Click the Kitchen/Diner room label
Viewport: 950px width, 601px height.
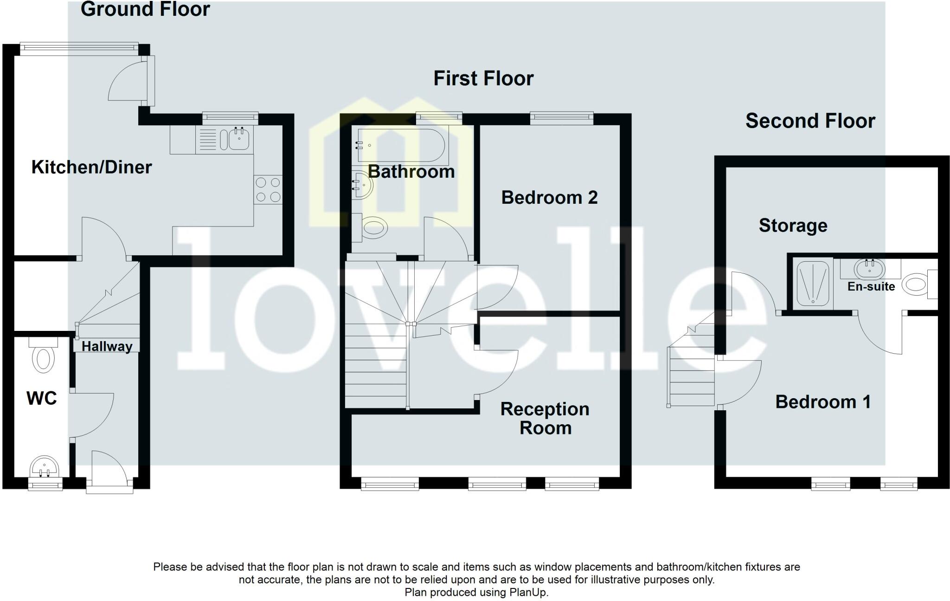tap(91, 167)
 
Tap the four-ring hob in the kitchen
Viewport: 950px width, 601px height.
tap(268, 189)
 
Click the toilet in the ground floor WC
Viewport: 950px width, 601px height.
tap(43, 358)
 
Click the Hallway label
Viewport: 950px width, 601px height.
tap(107, 346)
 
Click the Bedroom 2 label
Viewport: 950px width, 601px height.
tap(549, 198)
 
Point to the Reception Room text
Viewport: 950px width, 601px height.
tap(545, 418)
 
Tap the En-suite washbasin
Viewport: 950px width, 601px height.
tap(869, 268)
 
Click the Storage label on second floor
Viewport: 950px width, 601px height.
tap(793, 226)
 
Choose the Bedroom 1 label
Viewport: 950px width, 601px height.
tap(823, 401)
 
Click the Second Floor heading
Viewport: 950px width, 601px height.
tap(810, 121)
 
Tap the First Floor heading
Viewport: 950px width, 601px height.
tap(483, 78)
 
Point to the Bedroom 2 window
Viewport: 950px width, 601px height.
tap(562, 118)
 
